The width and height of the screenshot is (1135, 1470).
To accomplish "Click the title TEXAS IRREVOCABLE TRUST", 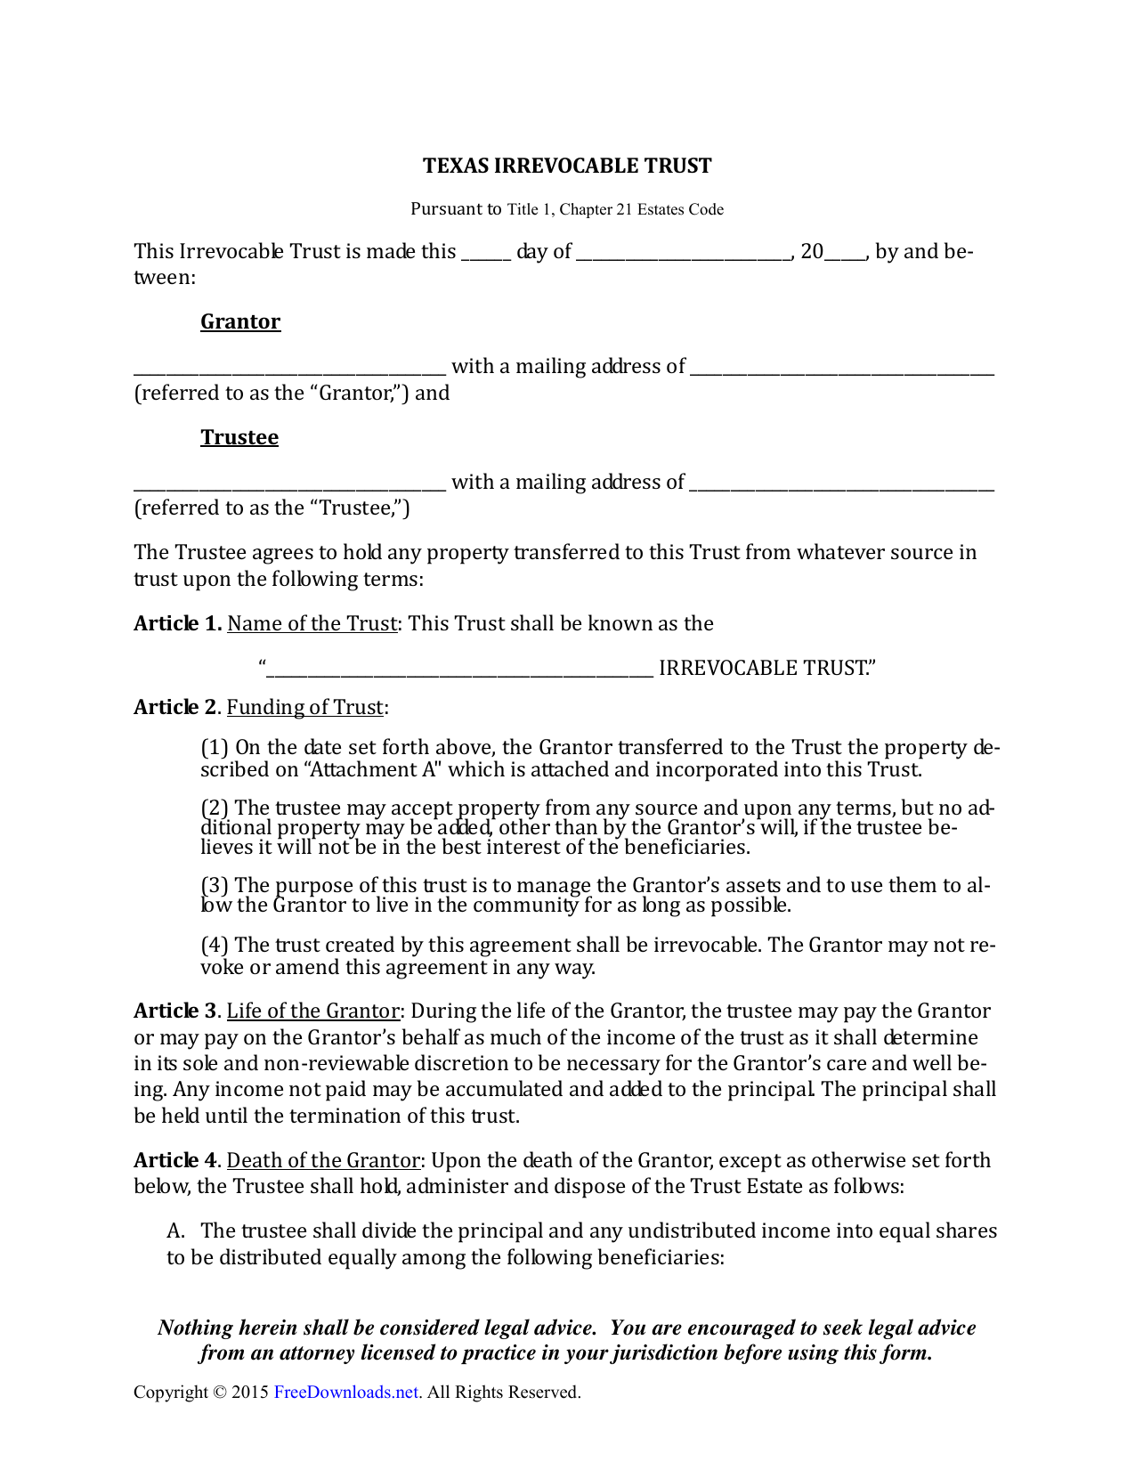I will click(x=567, y=166).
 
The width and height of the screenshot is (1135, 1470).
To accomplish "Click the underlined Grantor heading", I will click(x=240, y=321).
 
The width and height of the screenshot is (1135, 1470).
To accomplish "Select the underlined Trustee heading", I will click(x=239, y=437).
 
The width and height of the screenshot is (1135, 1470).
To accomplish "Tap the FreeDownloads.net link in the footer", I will click(x=346, y=1393).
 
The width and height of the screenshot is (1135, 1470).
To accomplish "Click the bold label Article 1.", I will click(x=177, y=623).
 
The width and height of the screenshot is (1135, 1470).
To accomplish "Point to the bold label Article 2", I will click(x=175, y=707).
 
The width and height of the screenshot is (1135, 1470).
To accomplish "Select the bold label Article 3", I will click(x=175, y=1011).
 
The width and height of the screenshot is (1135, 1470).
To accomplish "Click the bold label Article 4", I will click(x=175, y=1160).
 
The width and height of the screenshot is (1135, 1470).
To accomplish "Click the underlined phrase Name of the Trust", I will click(x=312, y=623).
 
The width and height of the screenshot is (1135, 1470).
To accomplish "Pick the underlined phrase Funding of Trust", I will click(x=305, y=707).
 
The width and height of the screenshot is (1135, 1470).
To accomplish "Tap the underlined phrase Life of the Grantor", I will click(x=313, y=1011).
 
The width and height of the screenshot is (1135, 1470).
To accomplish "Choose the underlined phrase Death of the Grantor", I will click(x=323, y=1160).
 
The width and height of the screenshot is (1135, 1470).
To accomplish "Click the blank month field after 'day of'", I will click(x=683, y=253).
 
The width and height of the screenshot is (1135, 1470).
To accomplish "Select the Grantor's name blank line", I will click(x=289, y=369).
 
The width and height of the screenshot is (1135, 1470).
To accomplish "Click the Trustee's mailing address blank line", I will click(x=842, y=484).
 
